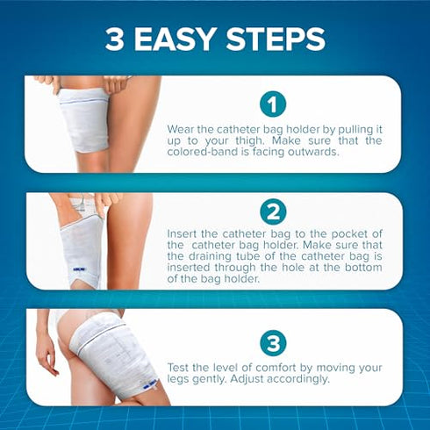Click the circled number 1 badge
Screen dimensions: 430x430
click(273, 104)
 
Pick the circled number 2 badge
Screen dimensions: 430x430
click(273, 211)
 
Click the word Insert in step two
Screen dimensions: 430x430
click(183, 234)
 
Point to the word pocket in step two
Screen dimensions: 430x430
click(336, 234)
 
